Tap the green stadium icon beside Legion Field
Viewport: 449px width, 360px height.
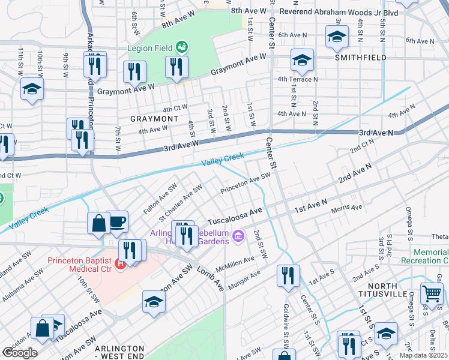pos(181,47)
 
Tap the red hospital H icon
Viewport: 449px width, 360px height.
pos(122,263)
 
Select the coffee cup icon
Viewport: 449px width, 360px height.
pos(117,221)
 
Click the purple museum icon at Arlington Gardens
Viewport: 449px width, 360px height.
pos(238,237)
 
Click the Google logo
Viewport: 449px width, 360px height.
pos(19,353)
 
